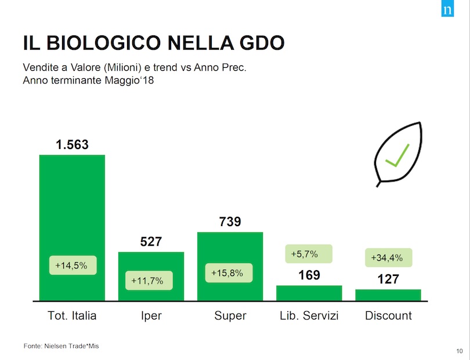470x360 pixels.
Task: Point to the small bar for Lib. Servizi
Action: tap(309, 293)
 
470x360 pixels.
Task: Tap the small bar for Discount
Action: tap(388, 294)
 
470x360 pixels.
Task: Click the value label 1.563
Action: tap(72, 145)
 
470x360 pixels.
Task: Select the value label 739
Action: tap(230, 221)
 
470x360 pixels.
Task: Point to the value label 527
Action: tap(151, 242)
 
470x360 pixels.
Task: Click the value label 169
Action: tap(309, 275)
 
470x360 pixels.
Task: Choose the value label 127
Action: tap(388, 279)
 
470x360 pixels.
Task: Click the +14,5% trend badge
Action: tap(71, 266)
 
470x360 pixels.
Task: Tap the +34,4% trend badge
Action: tap(387, 257)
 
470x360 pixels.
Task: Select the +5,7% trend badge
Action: tap(309, 253)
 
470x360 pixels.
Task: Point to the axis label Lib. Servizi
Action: tap(309, 316)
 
